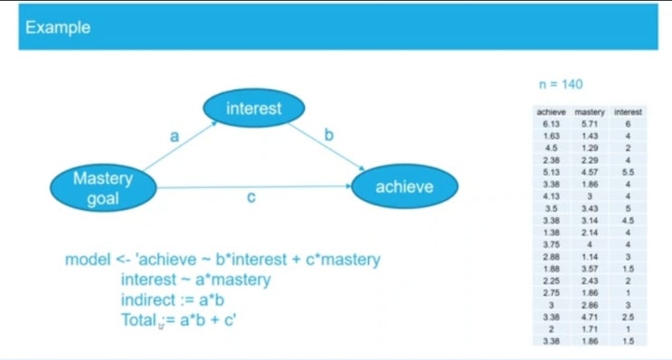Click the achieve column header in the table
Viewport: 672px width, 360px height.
pyautogui.click(x=551, y=112)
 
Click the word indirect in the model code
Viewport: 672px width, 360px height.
pyautogui.click(x=149, y=298)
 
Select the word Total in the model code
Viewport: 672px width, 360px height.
pyautogui.click(x=139, y=318)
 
